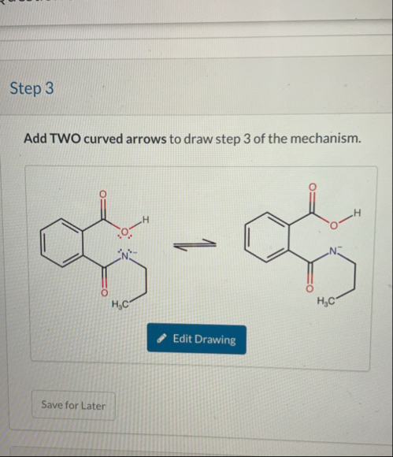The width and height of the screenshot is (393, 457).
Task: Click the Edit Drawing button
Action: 196,339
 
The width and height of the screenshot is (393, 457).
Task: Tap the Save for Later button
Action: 72,405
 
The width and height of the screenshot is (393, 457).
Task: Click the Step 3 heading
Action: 32,88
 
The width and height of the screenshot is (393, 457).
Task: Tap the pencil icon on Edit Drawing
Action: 161,339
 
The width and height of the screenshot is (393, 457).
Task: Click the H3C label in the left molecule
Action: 120,306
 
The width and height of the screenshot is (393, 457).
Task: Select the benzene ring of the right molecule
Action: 265,245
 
